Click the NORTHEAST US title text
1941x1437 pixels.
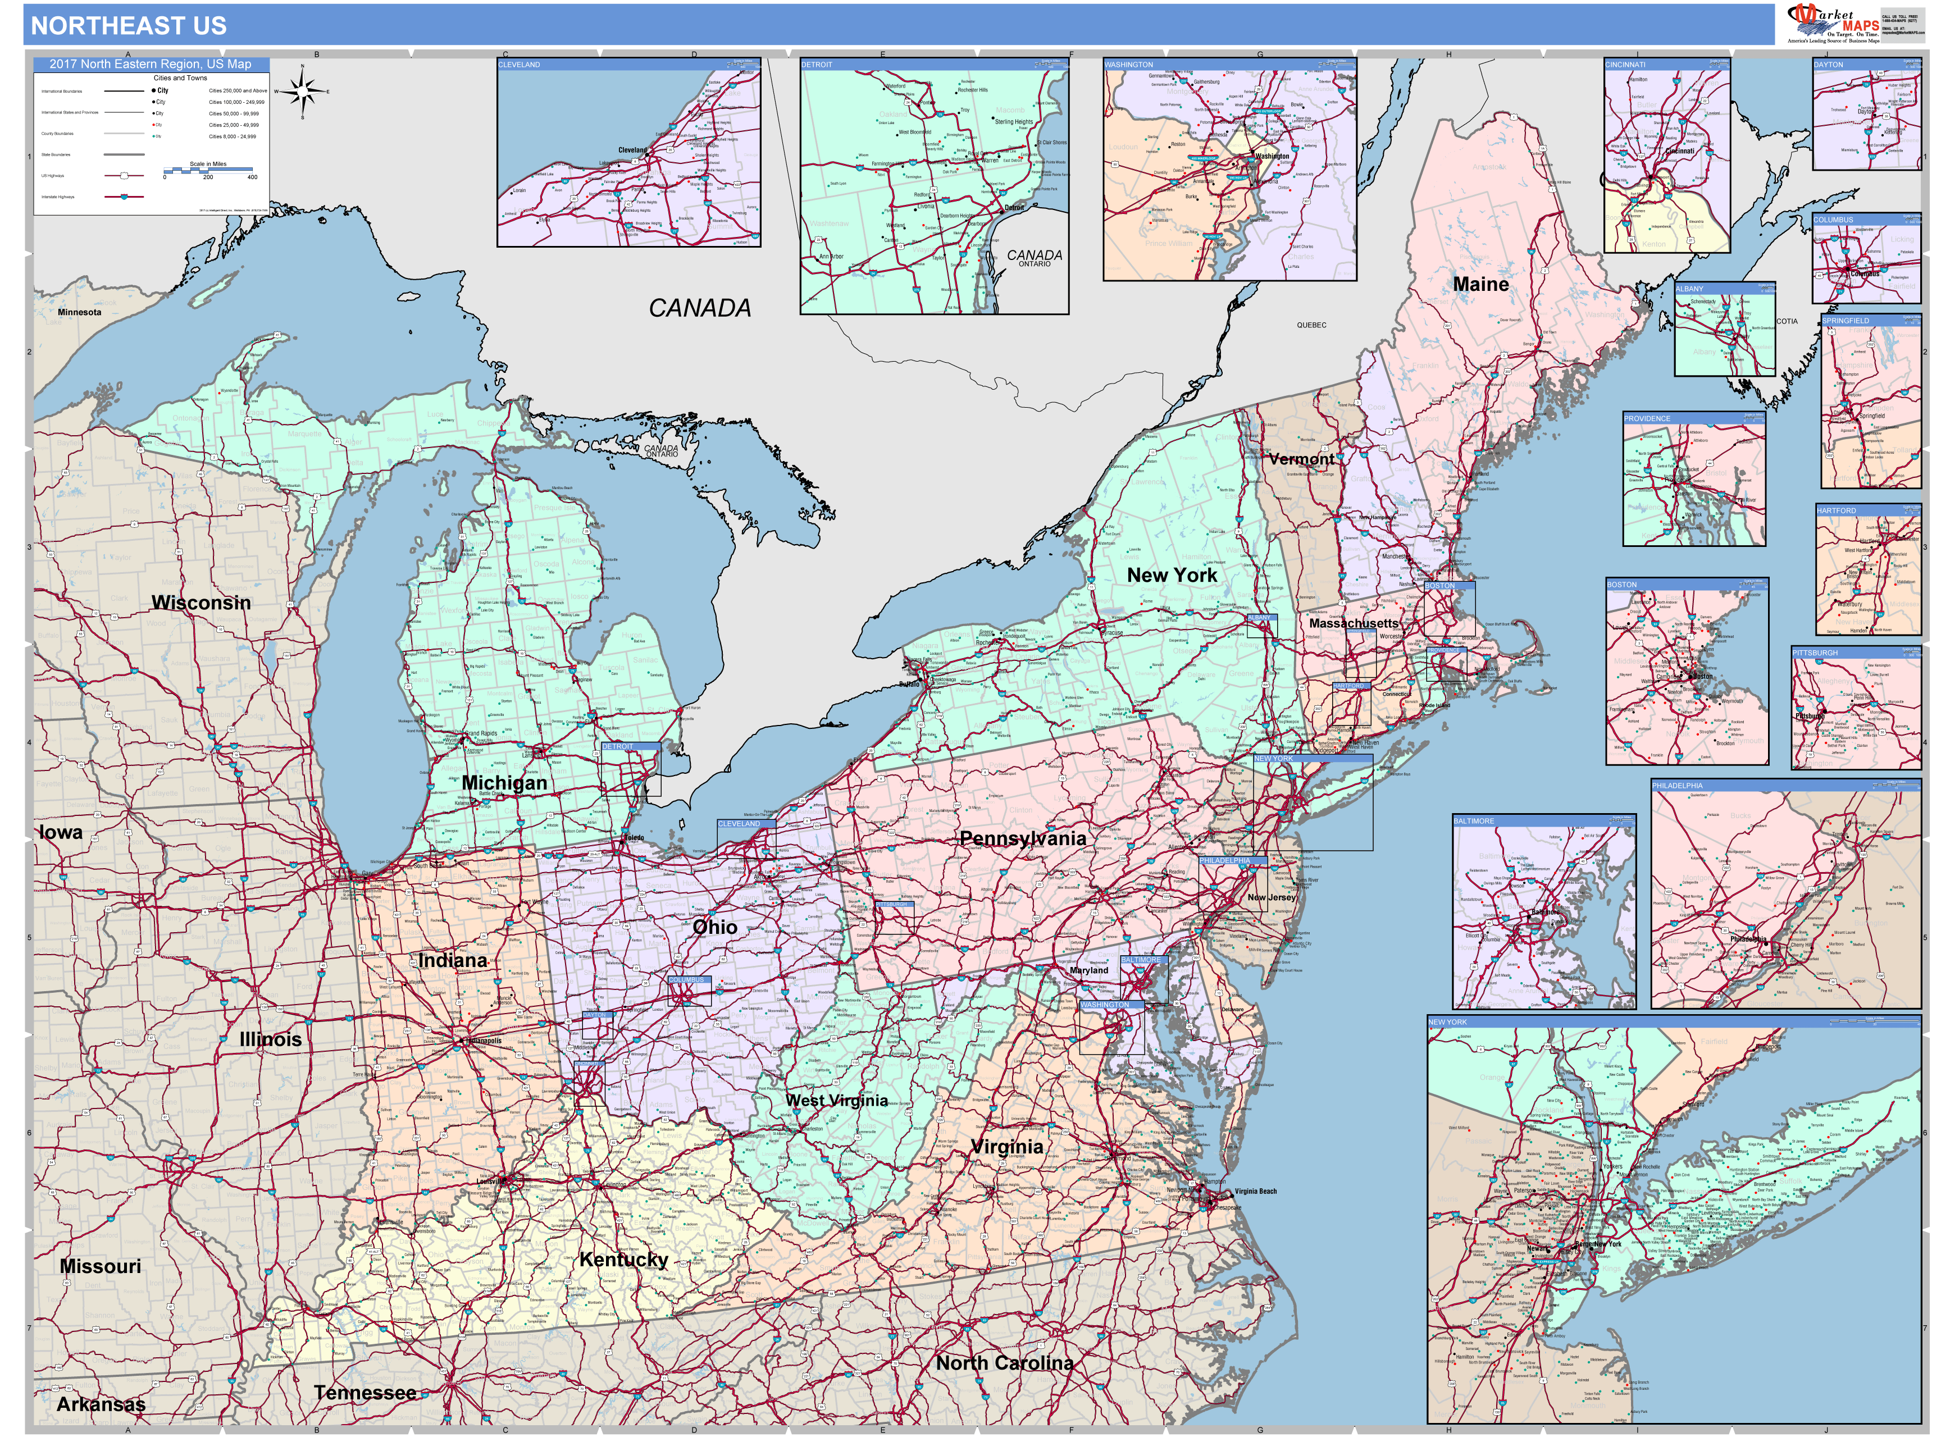click(129, 26)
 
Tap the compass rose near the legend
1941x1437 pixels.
click(302, 90)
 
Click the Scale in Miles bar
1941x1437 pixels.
click(209, 170)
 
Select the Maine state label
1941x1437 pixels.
click(1481, 285)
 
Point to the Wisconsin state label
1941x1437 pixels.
click(201, 603)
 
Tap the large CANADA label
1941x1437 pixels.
click(699, 308)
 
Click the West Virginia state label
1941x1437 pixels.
click(836, 1101)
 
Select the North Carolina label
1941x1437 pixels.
click(1004, 1363)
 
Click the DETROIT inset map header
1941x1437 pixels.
click(817, 65)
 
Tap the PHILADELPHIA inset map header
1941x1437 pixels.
click(1678, 786)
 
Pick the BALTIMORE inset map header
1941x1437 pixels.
click(1474, 821)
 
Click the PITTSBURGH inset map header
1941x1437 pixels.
click(1815, 653)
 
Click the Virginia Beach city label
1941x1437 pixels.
click(1255, 1192)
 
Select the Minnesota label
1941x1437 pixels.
click(79, 312)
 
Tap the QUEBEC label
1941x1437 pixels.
click(1311, 325)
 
